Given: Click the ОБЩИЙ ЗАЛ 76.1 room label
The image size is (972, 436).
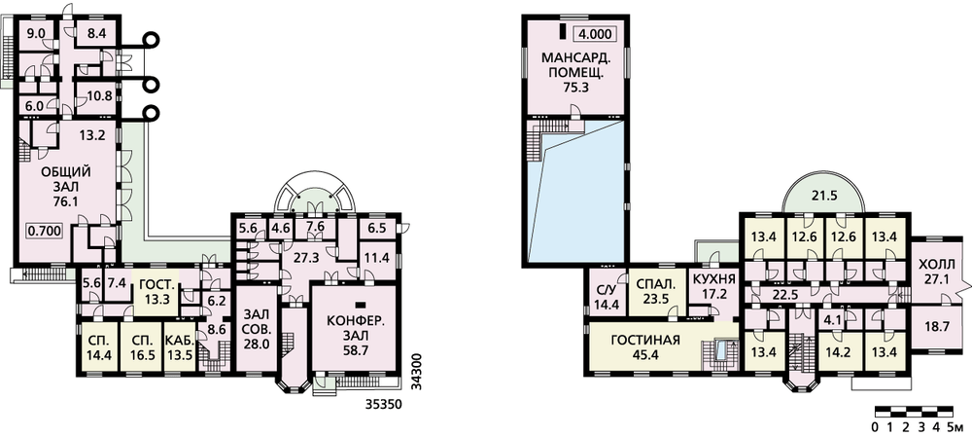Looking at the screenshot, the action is point(65,185).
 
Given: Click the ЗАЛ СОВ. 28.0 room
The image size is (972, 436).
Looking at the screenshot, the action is point(256,329).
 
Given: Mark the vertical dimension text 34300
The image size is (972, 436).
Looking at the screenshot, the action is point(417,372).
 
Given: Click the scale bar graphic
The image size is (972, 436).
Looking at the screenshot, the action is point(913,411).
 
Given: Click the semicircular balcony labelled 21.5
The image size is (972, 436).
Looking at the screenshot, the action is point(823,195).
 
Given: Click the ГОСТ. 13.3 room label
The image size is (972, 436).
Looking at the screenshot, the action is point(155,291).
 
